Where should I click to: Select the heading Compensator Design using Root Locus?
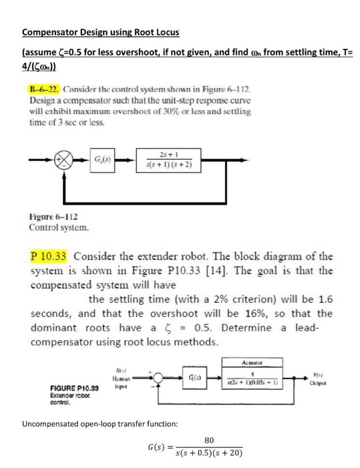(100, 31)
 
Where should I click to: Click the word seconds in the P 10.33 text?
(50, 314)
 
